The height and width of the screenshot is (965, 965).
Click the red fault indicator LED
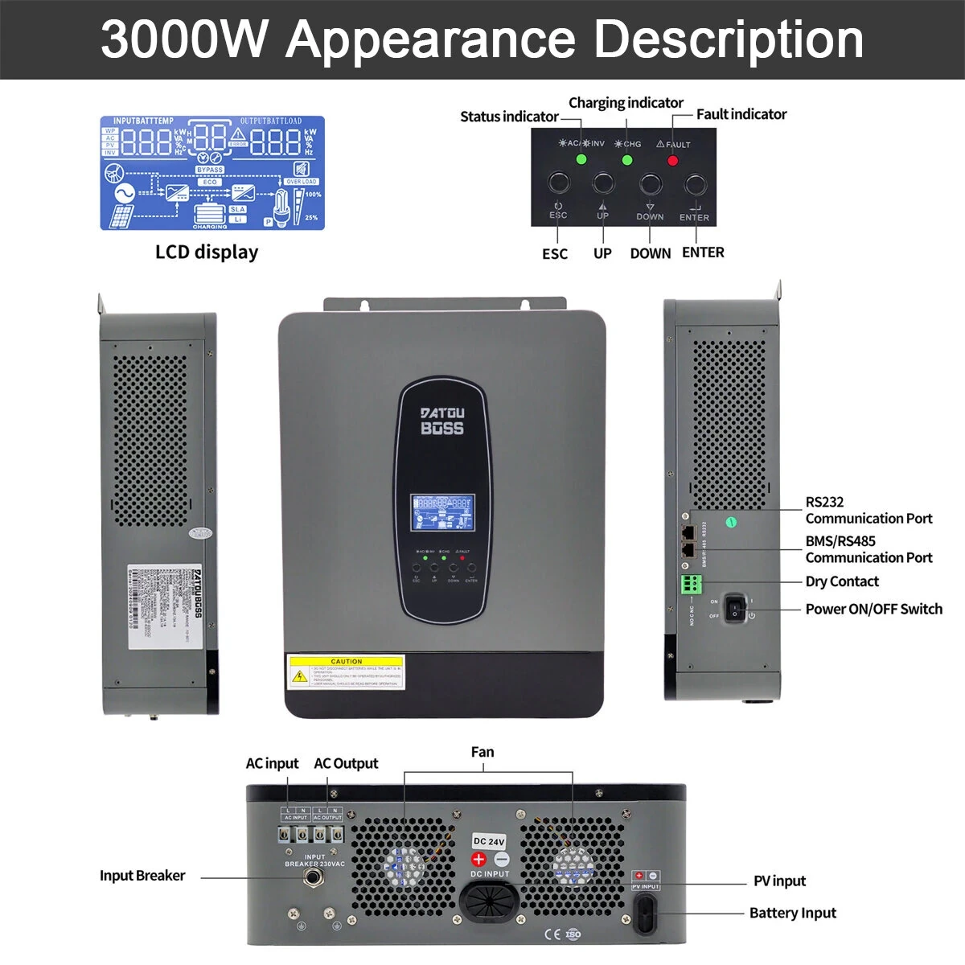[x=673, y=160]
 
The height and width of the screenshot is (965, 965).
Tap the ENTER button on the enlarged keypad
[x=695, y=185]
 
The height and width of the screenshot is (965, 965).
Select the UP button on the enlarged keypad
[x=603, y=183]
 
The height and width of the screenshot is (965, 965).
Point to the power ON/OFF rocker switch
[x=735, y=608]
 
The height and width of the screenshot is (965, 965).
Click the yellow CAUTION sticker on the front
[x=346, y=671]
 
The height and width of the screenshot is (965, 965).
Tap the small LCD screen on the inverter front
[x=442, y=513]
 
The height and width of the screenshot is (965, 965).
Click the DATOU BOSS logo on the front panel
[x=442, y=421]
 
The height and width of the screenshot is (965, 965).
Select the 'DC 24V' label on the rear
[x=489, y=841]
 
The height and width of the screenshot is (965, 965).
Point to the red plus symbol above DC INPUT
[x=479, y=859]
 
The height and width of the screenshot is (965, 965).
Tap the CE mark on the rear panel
[x=552, y=934]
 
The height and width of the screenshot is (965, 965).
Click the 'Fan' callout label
[x=482, y=752]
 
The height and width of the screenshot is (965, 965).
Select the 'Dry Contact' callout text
[x=841, y=581]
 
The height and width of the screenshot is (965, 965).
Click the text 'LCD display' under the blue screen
[x=207, y=252]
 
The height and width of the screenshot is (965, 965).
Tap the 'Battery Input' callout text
[x=792, y=913]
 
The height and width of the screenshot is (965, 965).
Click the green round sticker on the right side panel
[x=731, y=523]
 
